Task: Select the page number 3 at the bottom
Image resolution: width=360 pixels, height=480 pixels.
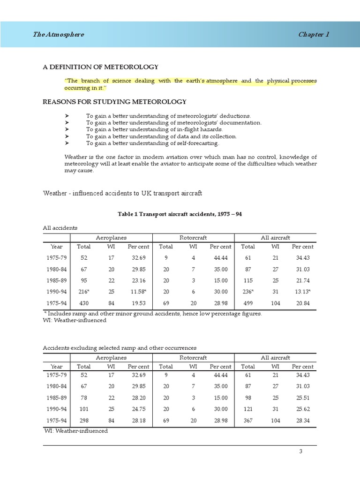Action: [314, 451]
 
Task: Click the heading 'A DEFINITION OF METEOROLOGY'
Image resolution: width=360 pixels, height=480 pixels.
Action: [100, 67]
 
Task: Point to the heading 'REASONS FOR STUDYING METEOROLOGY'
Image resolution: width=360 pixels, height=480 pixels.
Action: [114, 102]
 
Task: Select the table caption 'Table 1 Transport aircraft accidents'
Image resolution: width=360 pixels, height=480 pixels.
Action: [180, 214]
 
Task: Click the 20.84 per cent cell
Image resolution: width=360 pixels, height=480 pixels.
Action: [302, 304]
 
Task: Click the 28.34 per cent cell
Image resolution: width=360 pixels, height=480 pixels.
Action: [302, 421]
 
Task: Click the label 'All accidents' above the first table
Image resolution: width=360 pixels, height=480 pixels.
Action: [60, 228]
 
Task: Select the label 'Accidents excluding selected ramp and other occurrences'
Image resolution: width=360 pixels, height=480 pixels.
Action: [120, 348]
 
